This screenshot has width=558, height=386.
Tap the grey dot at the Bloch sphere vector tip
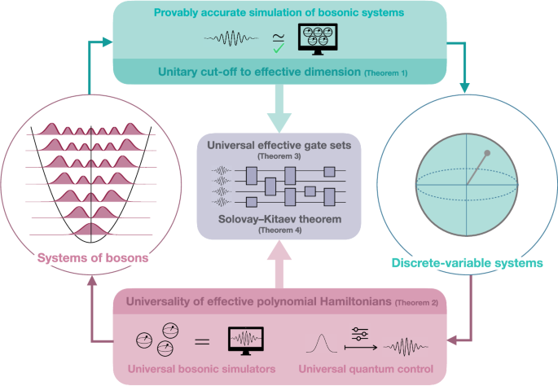(x=488, y=153)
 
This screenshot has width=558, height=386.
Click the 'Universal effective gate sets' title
(x=279, y=145)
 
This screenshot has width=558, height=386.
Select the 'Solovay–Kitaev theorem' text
(x=279, y=221)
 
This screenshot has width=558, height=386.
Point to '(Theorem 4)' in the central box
(x=279, y=231)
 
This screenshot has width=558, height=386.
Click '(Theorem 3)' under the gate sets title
(x=279, y=155)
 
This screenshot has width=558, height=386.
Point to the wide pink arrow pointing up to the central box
(x=279, y=265)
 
